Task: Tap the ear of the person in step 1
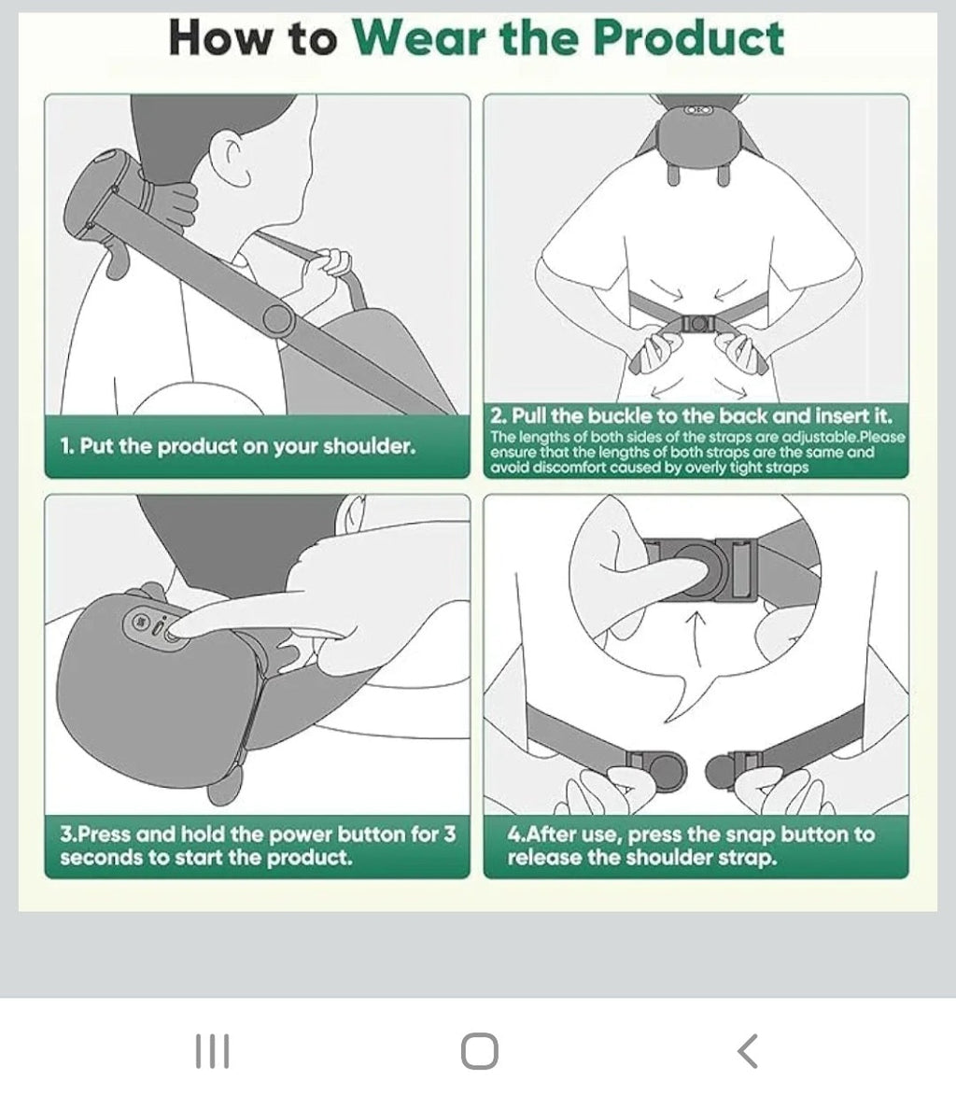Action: (x=236, y=158)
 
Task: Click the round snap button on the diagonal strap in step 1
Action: (x=278, y=319)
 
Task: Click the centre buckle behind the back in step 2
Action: (x=697, y=324)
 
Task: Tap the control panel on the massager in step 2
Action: (x=696, y=110)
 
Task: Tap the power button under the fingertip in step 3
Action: (x=172, y=633)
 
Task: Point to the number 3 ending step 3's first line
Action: (x=450, y=834)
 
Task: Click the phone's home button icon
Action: (x=480, y=1051)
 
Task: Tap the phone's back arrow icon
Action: (x=747, y=1051)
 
